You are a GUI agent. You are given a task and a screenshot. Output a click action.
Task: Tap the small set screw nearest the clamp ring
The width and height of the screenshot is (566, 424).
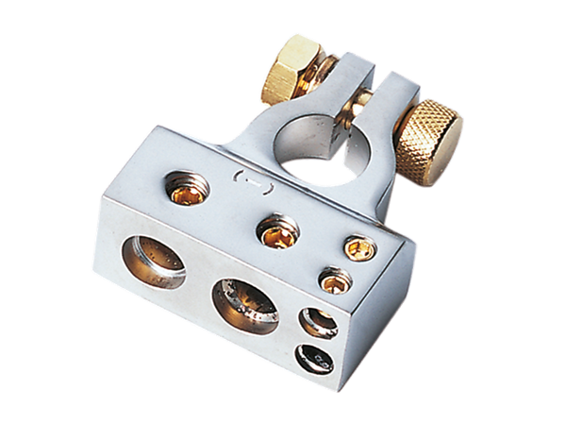point(356,247)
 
